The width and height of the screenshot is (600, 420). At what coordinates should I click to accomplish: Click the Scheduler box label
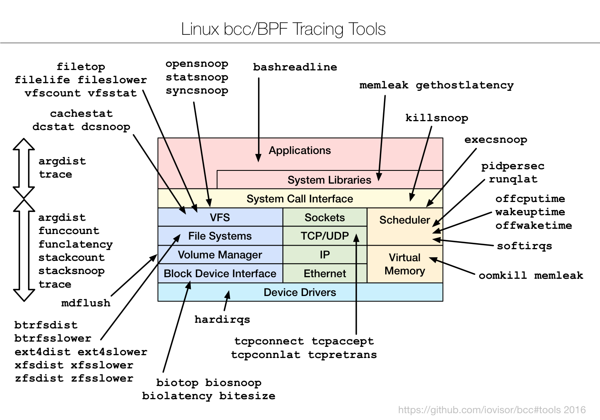[404, 220]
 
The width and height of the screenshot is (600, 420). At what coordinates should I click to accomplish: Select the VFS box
[220, 218]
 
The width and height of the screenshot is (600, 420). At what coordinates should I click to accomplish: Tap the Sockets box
[324, 218]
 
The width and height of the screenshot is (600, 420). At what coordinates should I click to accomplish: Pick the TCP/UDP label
[324, 236]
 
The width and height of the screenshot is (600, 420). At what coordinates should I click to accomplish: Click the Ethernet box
[324, 274]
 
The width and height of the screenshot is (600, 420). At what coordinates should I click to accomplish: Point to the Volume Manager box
[220, 255]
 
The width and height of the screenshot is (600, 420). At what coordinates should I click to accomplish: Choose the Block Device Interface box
[220, 274]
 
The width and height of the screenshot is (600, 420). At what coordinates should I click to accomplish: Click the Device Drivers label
[300, 292]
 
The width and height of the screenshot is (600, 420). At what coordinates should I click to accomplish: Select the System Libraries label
[329, 180]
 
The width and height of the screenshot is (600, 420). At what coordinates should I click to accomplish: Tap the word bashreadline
[295, 67]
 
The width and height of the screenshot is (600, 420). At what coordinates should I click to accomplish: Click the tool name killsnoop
[436, 118]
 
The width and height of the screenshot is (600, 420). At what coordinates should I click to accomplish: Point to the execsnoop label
[496, 140]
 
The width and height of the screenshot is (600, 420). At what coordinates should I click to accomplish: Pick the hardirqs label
[222, 319]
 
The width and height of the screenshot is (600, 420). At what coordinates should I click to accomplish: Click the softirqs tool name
[524, 246]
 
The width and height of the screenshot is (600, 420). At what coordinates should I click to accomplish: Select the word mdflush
[86, 303]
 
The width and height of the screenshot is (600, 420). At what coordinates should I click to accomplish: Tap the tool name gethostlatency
[464, 85]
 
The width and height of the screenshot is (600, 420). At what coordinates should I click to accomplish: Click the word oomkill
[503, 276]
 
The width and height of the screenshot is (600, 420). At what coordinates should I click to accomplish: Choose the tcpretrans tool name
[342, 355]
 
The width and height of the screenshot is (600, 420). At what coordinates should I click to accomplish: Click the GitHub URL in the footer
[492, 410]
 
